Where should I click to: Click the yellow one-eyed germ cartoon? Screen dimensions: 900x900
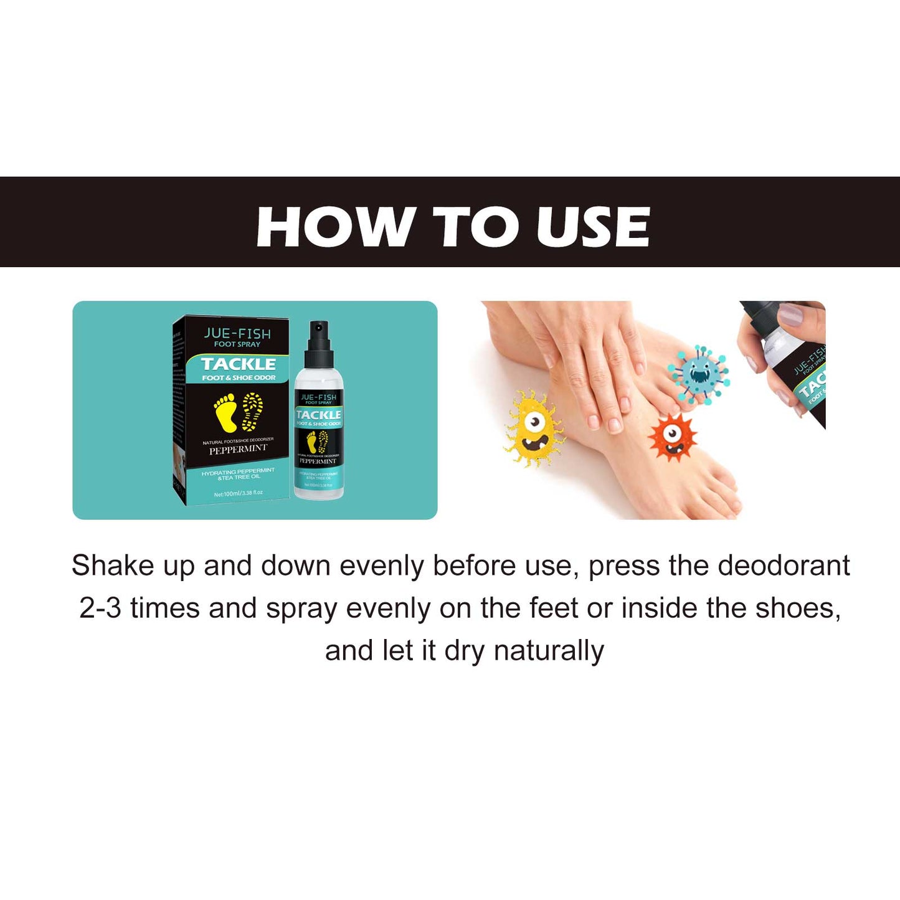pyautogui.click(x=534, y=429)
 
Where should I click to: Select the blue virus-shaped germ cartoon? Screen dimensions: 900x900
pyautogui.click(x=698, y=374)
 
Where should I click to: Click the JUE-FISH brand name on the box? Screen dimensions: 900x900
pyautogui.click(x=237, y=333)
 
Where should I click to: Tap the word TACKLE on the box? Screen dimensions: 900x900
pyautogui.click(x=239, y=364)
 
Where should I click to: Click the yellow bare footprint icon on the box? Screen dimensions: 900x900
pyautogui.click(x=226, y=412)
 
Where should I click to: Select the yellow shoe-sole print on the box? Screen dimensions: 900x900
pyautogui.click(x=252, y=411)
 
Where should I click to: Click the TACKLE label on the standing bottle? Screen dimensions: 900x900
pyautogui.click(x=318, y=415)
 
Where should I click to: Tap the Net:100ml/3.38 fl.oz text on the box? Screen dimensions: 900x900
pyautogui.click(x=238, y=493)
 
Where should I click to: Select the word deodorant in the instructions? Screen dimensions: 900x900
pyautogui.click(x=783, y=566)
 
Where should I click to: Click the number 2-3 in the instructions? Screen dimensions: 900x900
pyautogui.click(x=100, y=608)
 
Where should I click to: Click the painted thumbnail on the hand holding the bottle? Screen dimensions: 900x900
pyautogui.click(x=790, y=315)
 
